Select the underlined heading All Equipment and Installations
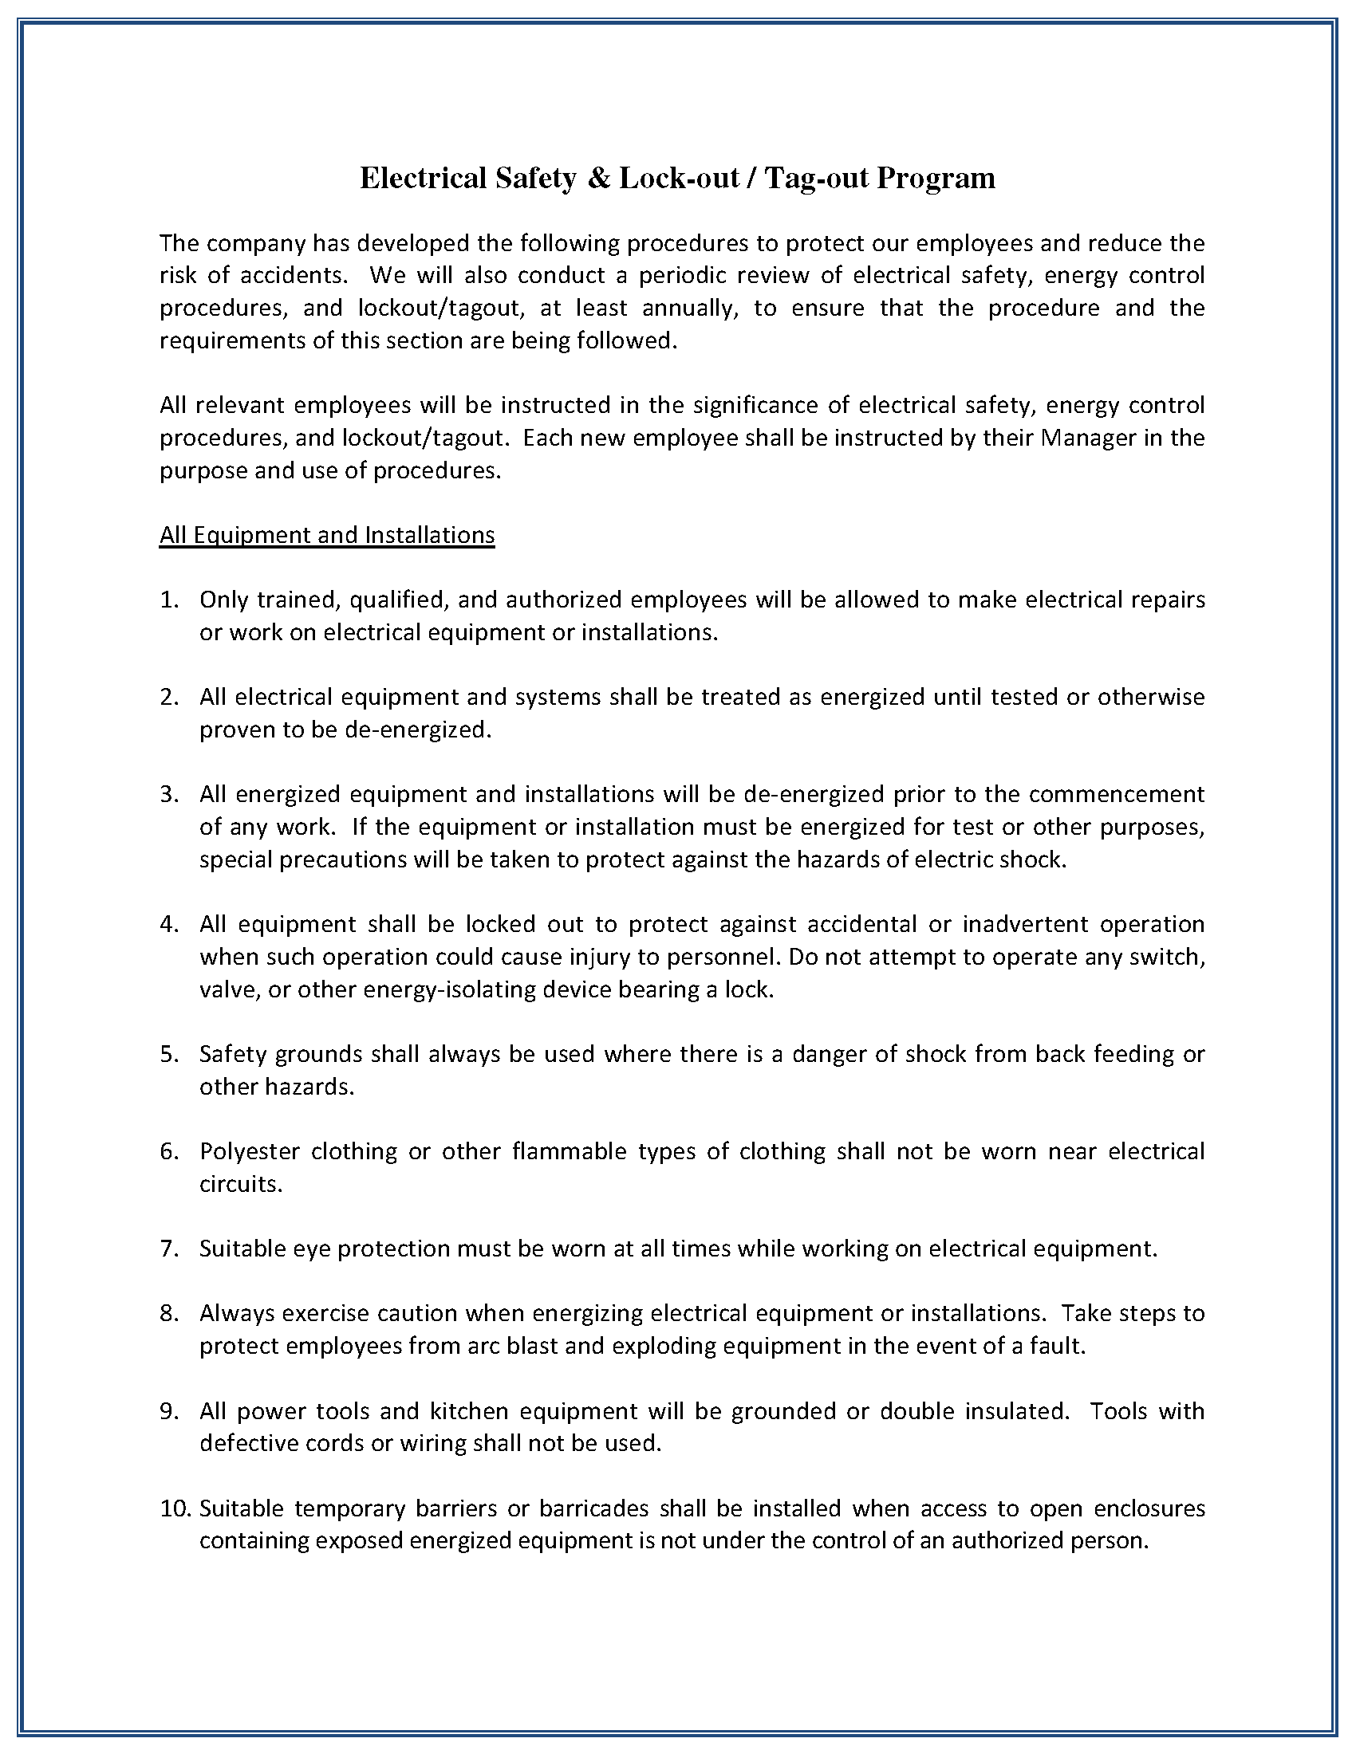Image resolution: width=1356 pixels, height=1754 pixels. point(326,535)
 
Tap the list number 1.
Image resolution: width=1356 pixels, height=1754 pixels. point(168,600)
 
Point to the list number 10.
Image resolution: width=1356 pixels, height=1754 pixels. point(175,1508)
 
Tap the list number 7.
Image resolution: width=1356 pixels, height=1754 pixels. point(168,1249)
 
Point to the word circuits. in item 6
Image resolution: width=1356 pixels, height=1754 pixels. point(241,1185)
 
